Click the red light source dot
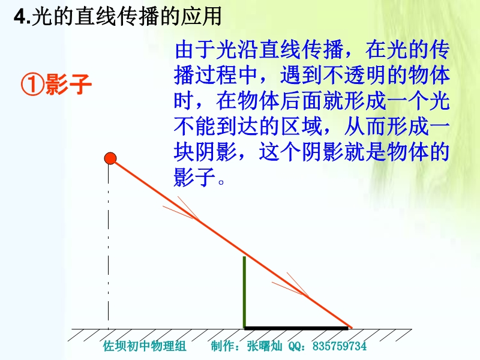tap(110, 158)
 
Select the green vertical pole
tap(244, 292)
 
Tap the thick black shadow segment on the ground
tap(296, 328)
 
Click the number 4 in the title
tap(20, 17)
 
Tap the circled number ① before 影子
tap(32, 85)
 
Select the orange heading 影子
tap(68, 85)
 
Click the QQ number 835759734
tap(340, 346)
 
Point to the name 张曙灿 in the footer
tap(265, 346)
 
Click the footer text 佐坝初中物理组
tap(145, 346)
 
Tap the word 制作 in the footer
tap(222, 346)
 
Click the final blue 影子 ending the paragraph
tap(194, 177)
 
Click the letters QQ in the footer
tap(295, 347)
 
